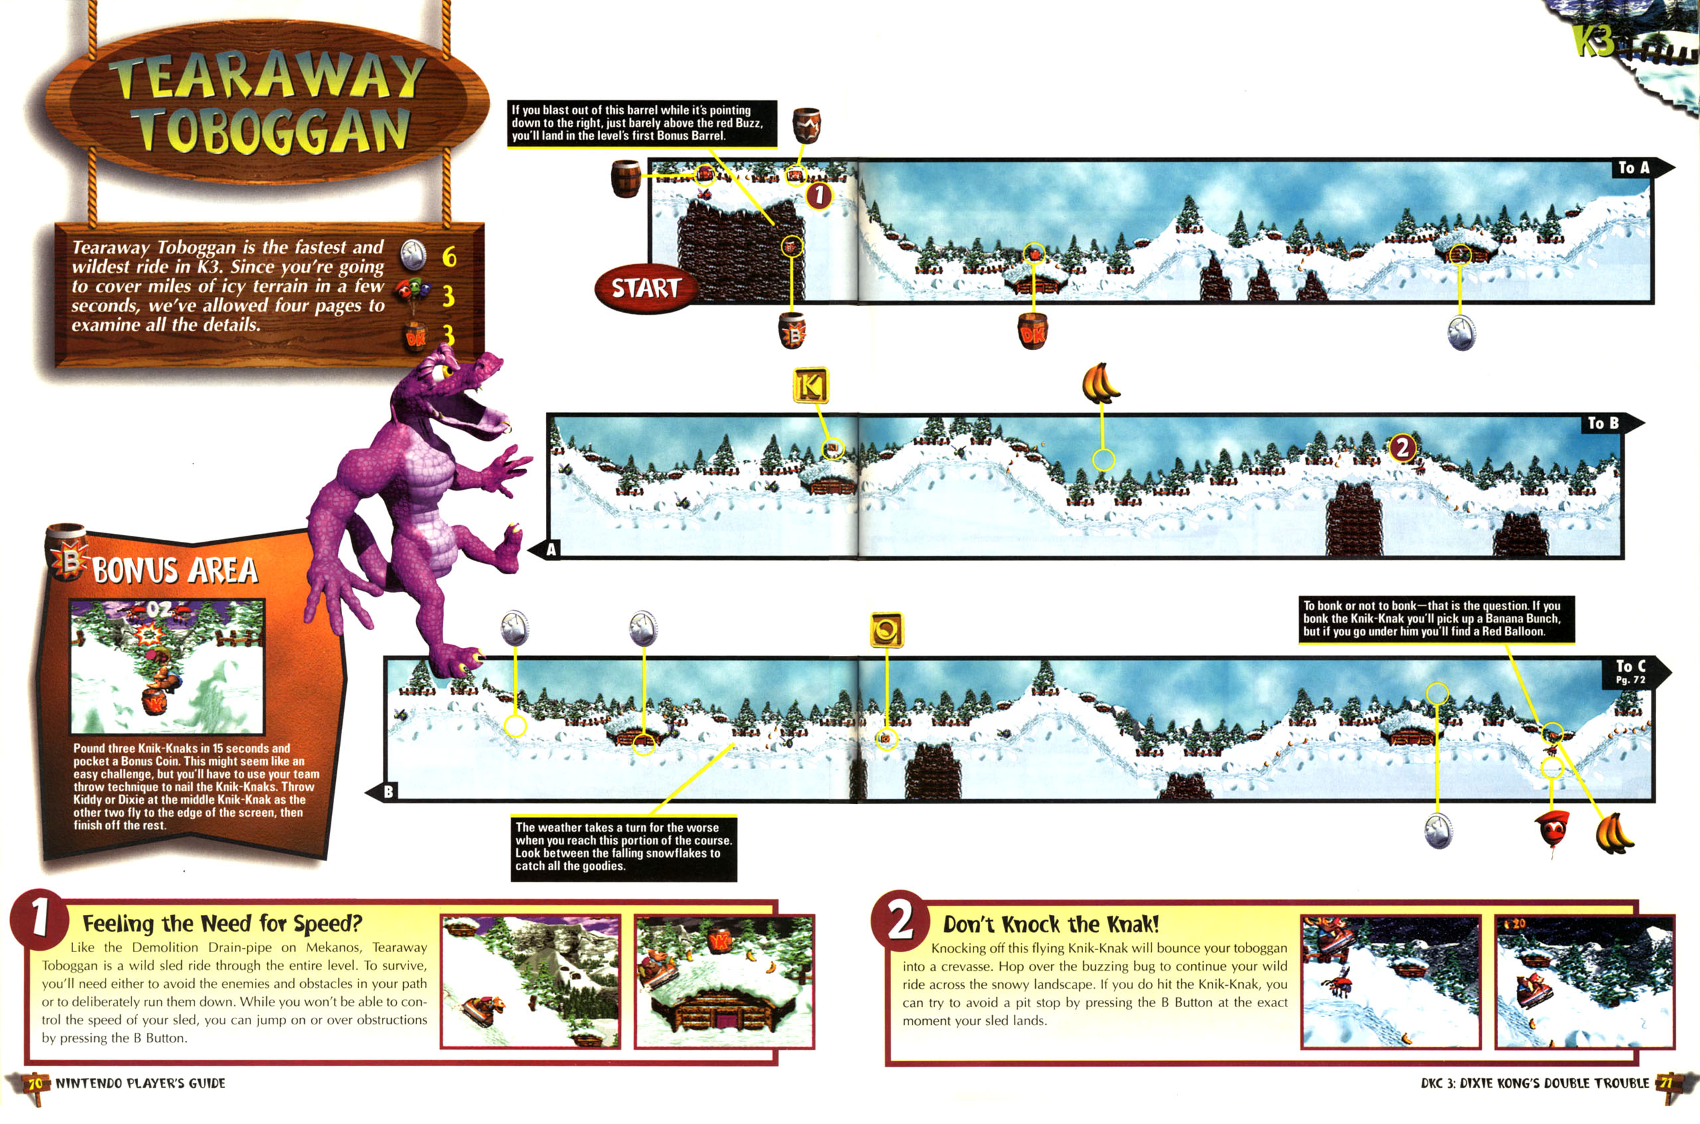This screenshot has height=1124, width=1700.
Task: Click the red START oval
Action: tap(645, 288)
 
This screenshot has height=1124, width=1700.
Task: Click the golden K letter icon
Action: tap(810, 386)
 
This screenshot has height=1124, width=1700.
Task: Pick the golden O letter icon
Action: tap(887, 630)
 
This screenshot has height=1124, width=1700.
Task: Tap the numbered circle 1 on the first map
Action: tap(819, 195)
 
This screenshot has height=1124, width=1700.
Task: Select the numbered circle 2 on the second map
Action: tap(1402, 448)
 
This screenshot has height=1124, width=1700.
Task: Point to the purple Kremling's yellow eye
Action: tap(446, 370)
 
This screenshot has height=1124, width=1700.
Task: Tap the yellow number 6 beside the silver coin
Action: tap(449, 256)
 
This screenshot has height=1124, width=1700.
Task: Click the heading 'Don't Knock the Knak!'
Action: tap(1051, 924)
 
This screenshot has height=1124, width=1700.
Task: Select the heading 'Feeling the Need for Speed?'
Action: tap(222, 923)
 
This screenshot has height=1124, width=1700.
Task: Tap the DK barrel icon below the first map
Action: tap(1033, 332)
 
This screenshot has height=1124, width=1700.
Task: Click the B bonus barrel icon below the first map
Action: tap(792, 331)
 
